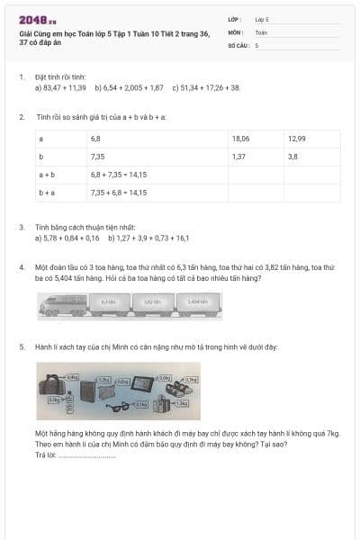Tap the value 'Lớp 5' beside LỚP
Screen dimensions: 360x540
pos(262,19)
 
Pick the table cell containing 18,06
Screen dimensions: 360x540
pos(240,139)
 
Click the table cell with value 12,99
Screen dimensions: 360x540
pos(297,139)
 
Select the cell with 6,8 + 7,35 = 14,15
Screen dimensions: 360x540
pos(118,175)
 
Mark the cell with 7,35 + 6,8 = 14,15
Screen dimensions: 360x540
pos(118,193)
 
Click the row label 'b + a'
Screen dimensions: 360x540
pos(47,193)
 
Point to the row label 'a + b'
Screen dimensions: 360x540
pos(47,175)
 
